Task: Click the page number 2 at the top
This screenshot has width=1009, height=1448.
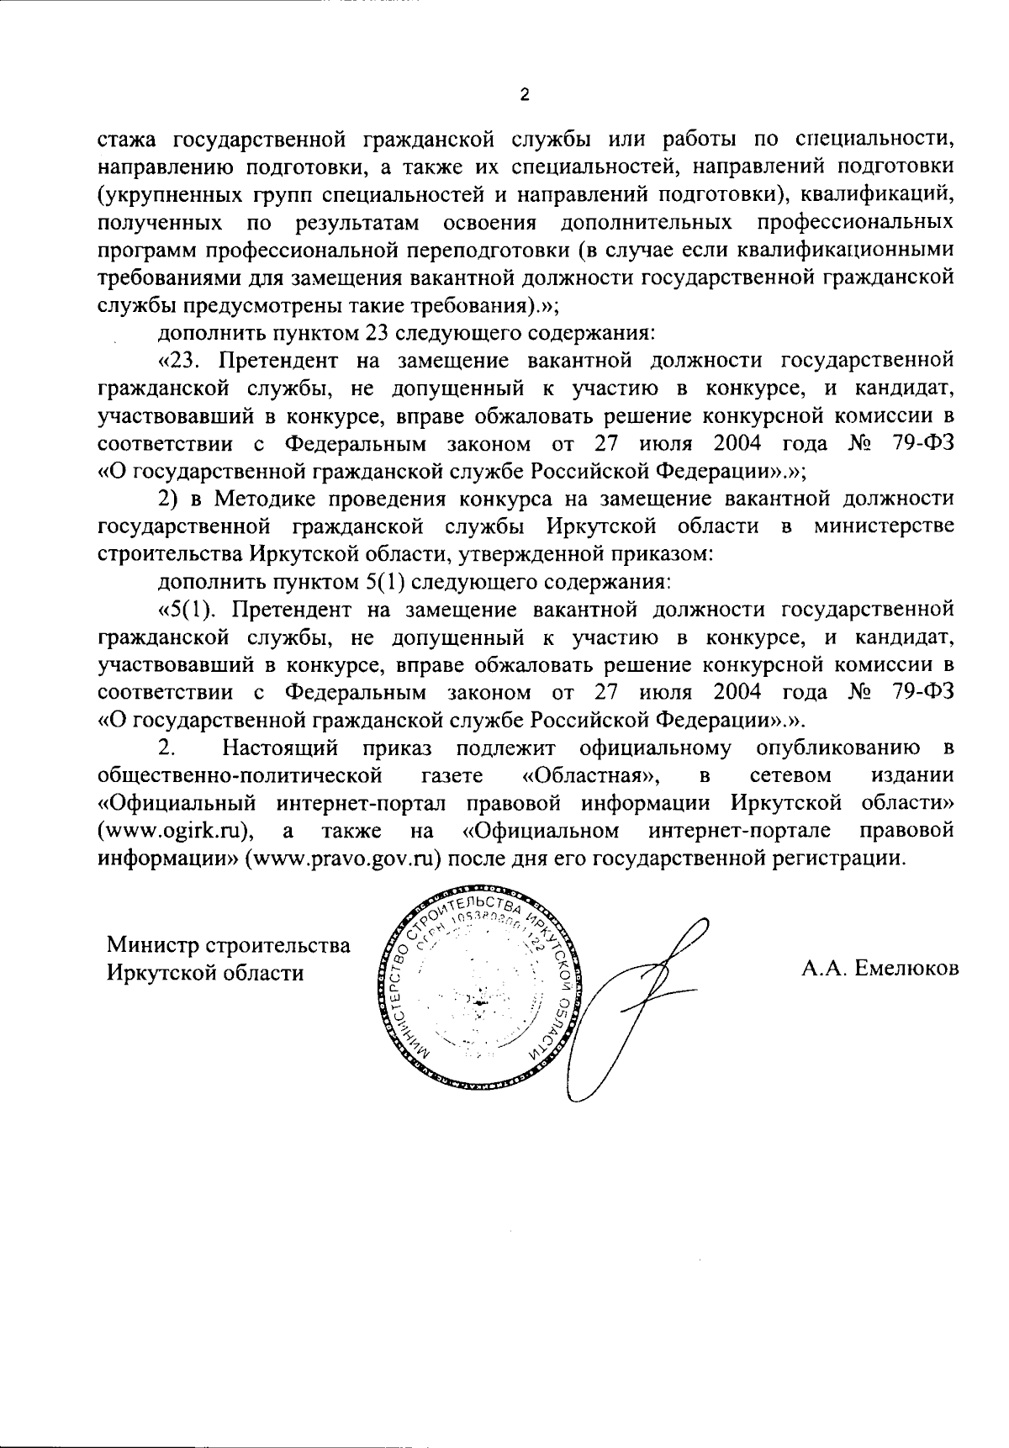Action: (525, 95)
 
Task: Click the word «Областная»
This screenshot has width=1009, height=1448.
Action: (573, 774)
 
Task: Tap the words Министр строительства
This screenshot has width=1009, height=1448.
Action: (228, 945)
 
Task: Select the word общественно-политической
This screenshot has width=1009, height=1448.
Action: (240, 774)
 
